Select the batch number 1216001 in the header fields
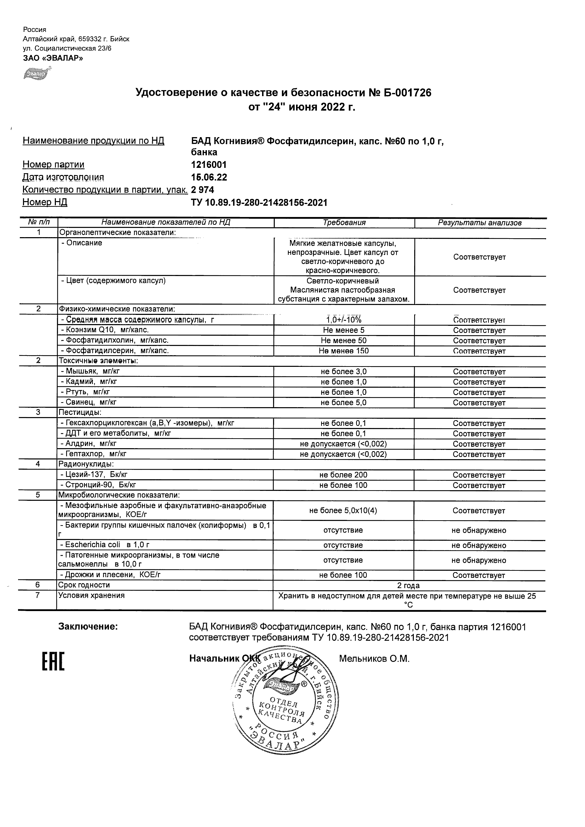pyautogui.click(x=209, y=165)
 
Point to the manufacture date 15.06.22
pyautogui.click(x=209, y=177)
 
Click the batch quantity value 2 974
pyautogui.click(x=203, y=189)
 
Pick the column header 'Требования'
pyautogui.click(x=344, y=223)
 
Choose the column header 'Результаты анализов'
pyautogui.click(x=480, y=223)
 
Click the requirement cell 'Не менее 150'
pyautogui.click(x=344, y=351)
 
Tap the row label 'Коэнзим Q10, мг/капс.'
pyautogui.click(x=105, y=330)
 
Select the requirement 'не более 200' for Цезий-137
pyautogui.click(x=343, y=475)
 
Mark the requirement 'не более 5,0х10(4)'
pyautogui.click(x=343, y=510)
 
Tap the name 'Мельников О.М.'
pyautogui.click(x=374, y=659)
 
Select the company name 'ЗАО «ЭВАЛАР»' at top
pyautogui.click(x=53, y=58)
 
